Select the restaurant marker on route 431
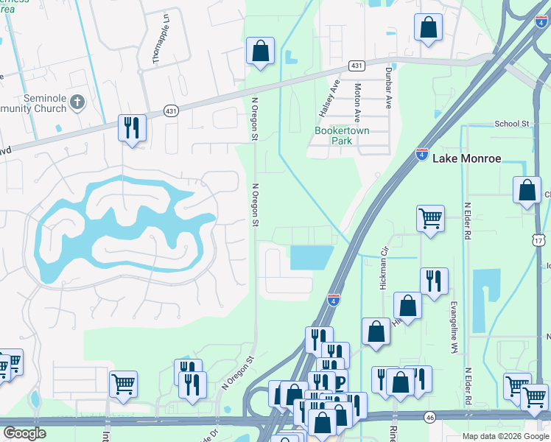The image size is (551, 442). point(133,128)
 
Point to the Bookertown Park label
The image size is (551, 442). point(341,136)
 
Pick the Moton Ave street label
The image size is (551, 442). point(357,102)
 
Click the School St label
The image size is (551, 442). point(512,124)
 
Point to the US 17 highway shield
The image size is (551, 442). point(539,241)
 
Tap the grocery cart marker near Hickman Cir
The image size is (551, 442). point(430,218)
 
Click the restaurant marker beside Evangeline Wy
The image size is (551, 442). point(434,281)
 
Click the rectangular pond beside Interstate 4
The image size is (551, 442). point(313,257)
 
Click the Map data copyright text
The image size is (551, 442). point(505,436)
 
